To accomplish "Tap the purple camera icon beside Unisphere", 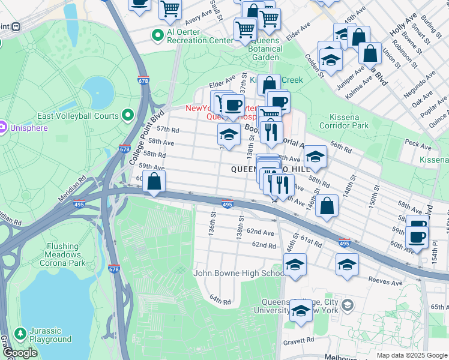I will point(2,127).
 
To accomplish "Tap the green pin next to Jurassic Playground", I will point(20,334).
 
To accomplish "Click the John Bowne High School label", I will point(238,274).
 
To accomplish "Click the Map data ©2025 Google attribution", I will point(412,355).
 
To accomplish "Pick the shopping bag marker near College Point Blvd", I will point(154,181).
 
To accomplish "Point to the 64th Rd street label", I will point(220,298).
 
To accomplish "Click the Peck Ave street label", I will point(414,143).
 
